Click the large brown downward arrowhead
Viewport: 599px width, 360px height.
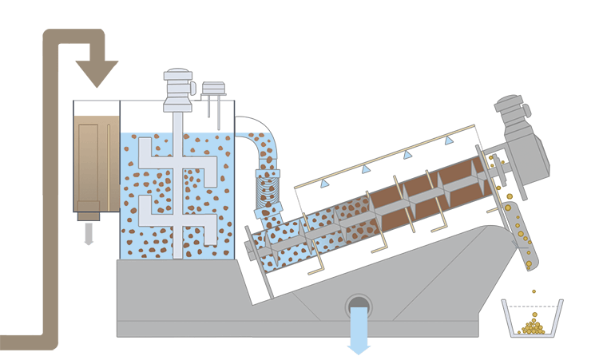click(x=97, y=73)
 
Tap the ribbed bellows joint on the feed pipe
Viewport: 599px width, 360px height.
click(x=266, y=192)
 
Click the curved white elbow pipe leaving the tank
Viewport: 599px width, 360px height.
click(x=254, y=132)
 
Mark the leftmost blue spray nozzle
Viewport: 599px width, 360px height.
click(x=325, y=184)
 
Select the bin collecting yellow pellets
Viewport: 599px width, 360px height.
click(x=532, y=318)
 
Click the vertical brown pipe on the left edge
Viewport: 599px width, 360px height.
click(x=49, y=192)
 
